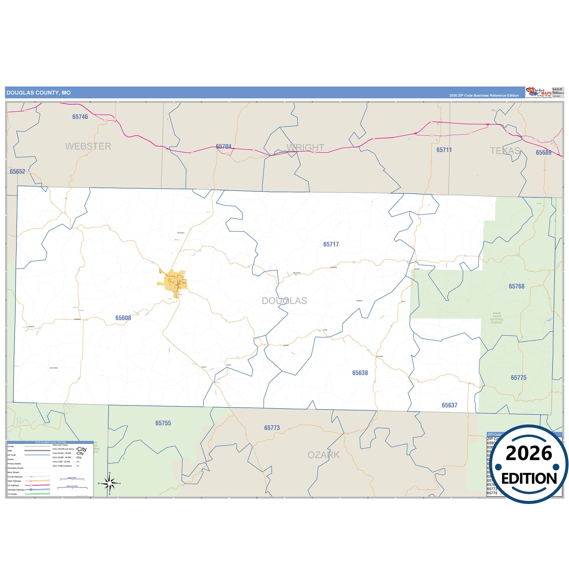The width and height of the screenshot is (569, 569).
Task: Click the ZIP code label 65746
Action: (x=80, y=117)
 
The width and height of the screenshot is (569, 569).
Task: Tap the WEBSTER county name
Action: (x=88, y=146)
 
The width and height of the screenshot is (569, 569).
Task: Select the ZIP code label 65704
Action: (x=224, y=147)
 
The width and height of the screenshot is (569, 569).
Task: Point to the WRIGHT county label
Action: (x=306, y=148)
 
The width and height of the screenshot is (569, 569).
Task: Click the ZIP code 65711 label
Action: (x=444, y=150)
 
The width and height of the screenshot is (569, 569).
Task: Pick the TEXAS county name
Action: (x=505, y=151)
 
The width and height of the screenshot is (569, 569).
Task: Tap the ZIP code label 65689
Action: (x=543, y=153)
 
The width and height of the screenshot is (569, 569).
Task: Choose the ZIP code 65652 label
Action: (x=17, y=172)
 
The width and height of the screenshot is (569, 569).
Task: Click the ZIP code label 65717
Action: (x=331, y=245)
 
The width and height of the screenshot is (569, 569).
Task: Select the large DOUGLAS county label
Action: (x=284, y=301)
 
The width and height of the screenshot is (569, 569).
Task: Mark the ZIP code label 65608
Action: (x=123, y=318)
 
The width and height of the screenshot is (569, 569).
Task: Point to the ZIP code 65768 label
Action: (x=516, y=287)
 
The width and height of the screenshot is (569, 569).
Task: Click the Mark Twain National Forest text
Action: (x=497, y=318)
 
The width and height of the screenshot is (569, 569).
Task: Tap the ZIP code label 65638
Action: (x=360, y=373)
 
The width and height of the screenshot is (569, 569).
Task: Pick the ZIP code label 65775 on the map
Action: (x=519, y=378)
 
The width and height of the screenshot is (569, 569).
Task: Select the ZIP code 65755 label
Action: (x=163, y=423)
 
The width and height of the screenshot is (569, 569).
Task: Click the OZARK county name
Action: (x=324, y=455)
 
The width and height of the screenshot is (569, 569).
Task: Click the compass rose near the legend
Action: (x=109, y=483)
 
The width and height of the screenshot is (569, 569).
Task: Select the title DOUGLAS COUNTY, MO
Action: (x=39, y=93)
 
